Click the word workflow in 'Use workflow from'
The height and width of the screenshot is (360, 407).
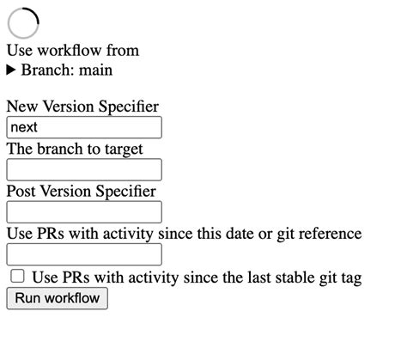coord(70,51)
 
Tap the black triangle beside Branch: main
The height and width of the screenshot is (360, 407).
coord(11,70)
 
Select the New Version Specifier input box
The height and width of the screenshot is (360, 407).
coord(84,127)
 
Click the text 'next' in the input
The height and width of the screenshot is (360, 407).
coord(24,127)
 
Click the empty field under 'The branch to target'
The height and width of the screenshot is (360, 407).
coord(84,169)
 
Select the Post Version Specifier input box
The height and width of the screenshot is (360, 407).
coord(84,212)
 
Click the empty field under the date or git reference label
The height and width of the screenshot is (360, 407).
coord(84,254)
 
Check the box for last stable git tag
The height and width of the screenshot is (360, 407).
coord(17,276)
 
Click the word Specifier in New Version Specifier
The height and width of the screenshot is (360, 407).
coord(129,107)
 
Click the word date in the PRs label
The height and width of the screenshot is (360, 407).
coord(240,234)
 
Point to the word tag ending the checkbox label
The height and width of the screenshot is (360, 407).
coord(351,278)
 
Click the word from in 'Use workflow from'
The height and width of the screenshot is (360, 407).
coord(123,51)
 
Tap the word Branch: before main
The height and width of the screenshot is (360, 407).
coord(46,70)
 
